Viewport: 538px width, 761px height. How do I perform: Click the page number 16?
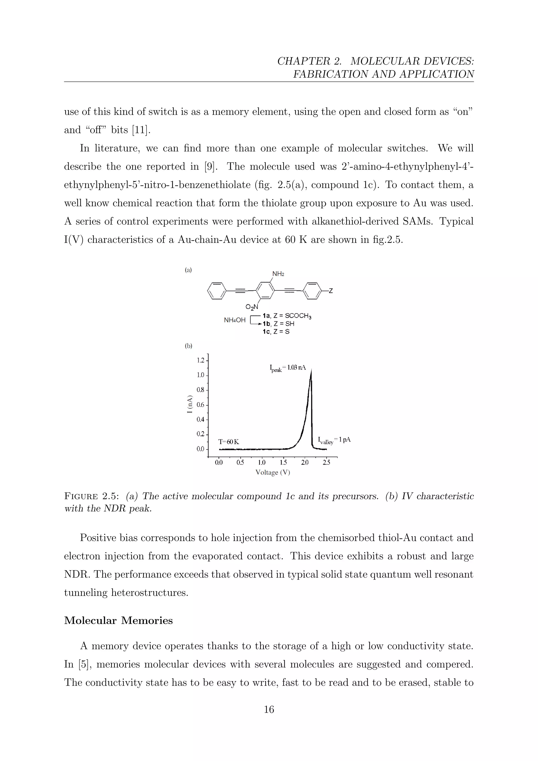pyautogui.click(x=269, y=709)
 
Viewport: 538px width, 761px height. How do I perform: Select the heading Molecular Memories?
pyautogui.click(x=118, y=620)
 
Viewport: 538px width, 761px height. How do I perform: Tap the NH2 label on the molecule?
pyautogui.click(x=278, y=274)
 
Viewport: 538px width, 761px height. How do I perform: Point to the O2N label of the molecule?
pyautogui.click(x=251, y=307)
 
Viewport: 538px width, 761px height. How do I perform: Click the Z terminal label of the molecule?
pyautogui.click(x=331, y=291)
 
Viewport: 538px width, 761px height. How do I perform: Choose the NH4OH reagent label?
pyautogui.click(x=235, y=320)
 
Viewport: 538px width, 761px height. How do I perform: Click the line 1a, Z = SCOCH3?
pyautogui.click(x=287, y=316)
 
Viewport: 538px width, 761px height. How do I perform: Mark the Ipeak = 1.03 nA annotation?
pyautogui.click(x=287, y=368)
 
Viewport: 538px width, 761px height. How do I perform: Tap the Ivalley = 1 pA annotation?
pyautogui.click(x=334, y=440)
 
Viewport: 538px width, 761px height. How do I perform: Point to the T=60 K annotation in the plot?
pyautogui.click(x=229, y=442)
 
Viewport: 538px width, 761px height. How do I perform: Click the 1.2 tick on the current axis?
pyautogui.click(x=200, y=360)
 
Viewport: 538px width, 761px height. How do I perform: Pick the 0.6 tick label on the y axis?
pyautogui.click(x=200, y=405)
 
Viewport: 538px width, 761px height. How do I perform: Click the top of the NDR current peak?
pyautogui.click(x=311, y=371)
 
